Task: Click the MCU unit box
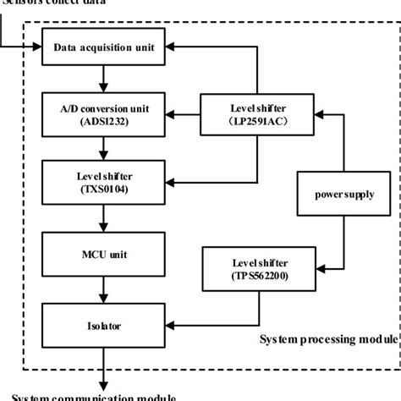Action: coord(102,252)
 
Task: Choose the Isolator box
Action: coord(102,322)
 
